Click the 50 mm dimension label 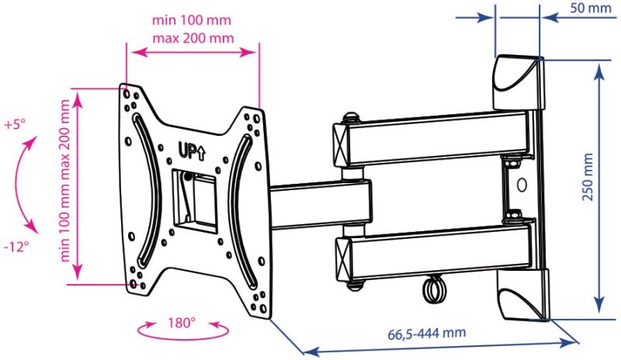590,8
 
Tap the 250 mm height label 588,177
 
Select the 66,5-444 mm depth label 426,333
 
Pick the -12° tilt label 16,247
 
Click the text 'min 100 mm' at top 191,20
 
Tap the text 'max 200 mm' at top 193,38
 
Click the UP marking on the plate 192,151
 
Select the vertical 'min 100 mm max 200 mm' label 64,180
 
